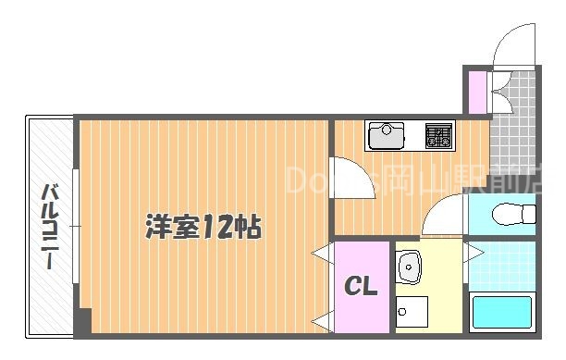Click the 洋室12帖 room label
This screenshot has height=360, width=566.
pyautogui.click(x=203, y=227)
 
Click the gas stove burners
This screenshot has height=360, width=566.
pyautogui.click(x=437, y=137)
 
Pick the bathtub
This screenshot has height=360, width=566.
pyautogui.click(x=502, y=313)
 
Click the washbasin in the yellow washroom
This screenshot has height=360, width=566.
pyautogui.click(x=410, y=269)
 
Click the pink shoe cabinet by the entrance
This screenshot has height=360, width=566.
pyautogui.click(x=476, y=90)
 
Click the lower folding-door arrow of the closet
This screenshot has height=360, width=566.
pyautogui.click(x=323, y=321)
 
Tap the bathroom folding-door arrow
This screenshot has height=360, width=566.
pyautogui.click(x=473, y=252)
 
